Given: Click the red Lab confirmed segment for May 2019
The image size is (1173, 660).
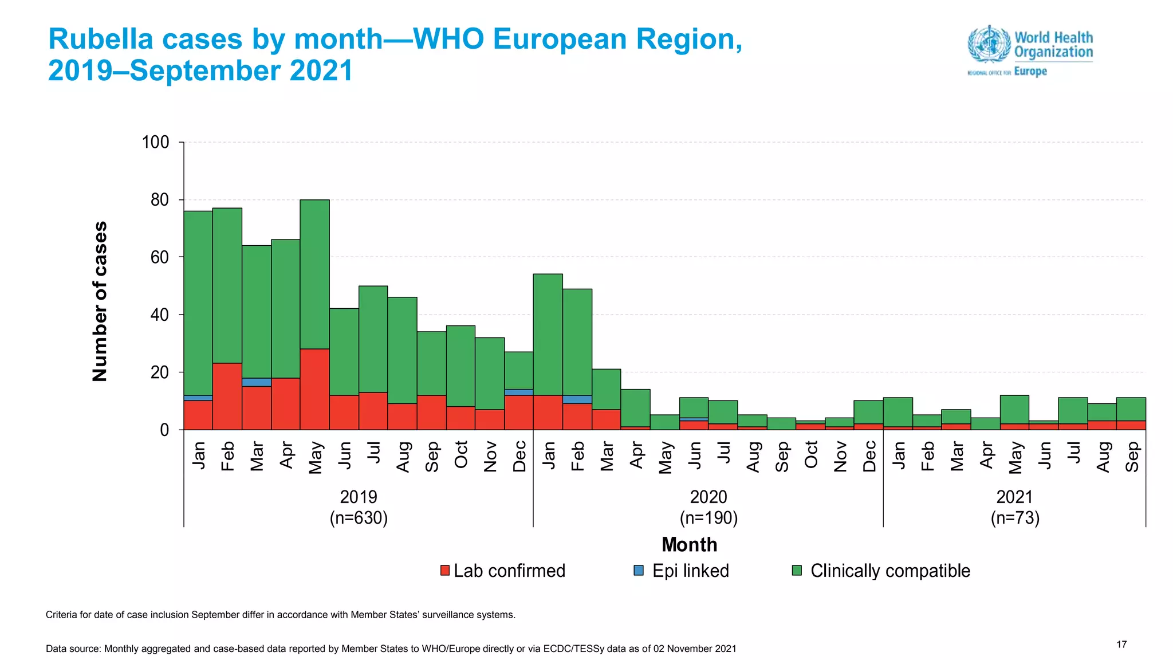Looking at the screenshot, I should pos(314,389).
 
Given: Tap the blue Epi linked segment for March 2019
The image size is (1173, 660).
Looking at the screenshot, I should pos(257,382).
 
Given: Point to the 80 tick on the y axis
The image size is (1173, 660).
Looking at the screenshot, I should pos(160,200).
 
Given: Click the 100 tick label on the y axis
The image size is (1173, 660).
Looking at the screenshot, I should pos(156,142).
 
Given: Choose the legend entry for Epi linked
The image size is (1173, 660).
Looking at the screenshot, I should pos(690,571).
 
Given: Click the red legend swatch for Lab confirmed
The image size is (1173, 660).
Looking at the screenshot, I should pos(445,571).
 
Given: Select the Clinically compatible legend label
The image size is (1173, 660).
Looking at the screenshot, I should pos(889,571).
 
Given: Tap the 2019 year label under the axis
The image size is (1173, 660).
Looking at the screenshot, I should pos(359,497).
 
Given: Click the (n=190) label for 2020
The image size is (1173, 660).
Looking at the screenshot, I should pos(708,518).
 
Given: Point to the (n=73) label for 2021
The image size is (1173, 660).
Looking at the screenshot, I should pos(1015,518).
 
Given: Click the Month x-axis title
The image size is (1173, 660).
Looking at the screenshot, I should pos(689,544).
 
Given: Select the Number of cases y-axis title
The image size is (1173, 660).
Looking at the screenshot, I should pos(100,301).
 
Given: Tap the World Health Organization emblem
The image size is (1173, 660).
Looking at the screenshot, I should pos(989,44).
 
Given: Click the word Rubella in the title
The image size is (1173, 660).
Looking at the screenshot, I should pos(101,40).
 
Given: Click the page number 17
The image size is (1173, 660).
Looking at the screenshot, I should pos(1121,645).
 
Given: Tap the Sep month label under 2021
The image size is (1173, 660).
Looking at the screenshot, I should pos(1132,457).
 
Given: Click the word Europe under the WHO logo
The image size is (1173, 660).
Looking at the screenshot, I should pos(1030,72).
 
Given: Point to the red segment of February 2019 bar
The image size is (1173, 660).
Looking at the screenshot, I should pos(227,396).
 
